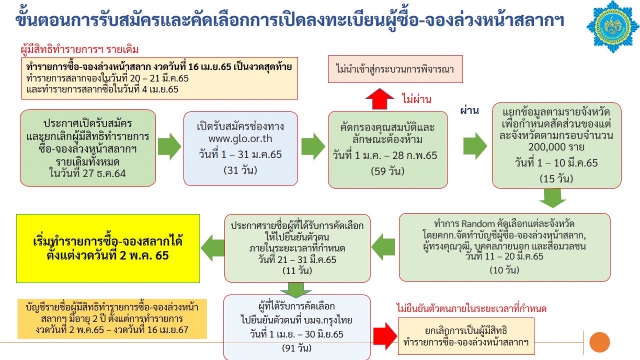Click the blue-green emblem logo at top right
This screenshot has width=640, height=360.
point(612,27)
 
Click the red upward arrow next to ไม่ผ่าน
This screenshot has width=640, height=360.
point(379,99)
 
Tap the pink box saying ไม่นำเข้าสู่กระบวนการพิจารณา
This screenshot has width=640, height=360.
point(395,69)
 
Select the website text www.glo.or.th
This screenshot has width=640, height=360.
point(240,139)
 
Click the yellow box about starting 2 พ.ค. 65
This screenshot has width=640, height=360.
point(108,248)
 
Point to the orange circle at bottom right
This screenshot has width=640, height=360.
point(600,342)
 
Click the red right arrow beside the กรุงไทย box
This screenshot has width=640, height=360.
point(385,336)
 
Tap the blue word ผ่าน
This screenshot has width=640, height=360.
point(469,110)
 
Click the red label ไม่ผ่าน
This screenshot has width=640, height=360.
point(417,99)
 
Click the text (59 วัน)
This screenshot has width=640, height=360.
point(388,171)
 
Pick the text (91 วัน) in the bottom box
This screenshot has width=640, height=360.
point(297,348)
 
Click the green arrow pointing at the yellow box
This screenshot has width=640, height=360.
point(212,248)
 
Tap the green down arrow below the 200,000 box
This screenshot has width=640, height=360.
point(553,198)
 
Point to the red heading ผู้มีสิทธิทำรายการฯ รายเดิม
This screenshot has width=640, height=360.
point(80,50)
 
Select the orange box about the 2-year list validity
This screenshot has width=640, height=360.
point(112,319)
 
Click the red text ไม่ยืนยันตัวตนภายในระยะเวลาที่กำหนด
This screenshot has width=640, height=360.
point(472,308)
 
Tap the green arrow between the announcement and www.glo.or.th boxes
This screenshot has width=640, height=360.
point(169,146)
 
